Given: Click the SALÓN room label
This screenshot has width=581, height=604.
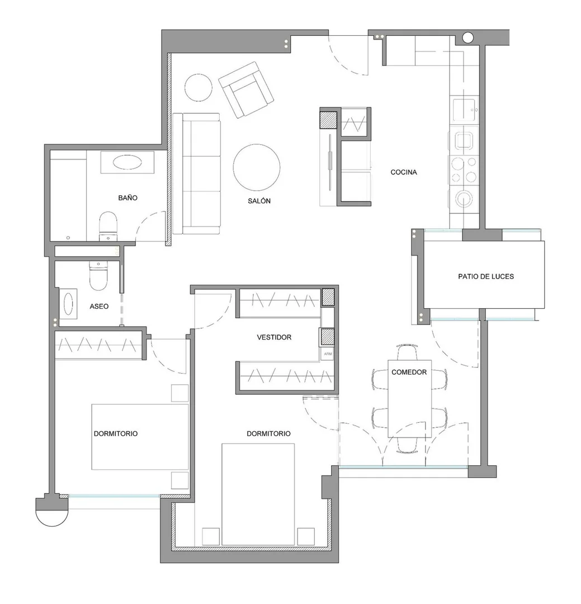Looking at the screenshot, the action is pyautogui.click(x=259, y=201).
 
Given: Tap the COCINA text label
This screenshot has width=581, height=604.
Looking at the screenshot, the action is pyautogui.click(x=404, y=172).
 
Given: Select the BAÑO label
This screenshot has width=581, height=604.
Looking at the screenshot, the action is pyautogui.click(x=127, y=197).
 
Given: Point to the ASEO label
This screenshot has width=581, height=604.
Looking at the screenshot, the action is pyautogui.click(x=99, y=306).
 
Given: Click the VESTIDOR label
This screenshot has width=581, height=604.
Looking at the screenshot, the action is pyautogui.click(x=274, y=337).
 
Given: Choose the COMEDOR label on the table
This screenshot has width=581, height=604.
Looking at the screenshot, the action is pyautogui.click(x=409, y=372).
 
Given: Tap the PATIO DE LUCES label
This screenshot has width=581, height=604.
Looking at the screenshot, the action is pyautogui.click(x=486, y=276).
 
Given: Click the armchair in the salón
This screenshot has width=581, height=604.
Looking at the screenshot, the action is pyautogui.click(x=246, y=89).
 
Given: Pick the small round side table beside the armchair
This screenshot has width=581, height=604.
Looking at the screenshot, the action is pyautogui.click(x=198, y=87).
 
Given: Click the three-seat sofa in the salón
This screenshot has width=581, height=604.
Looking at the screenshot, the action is pyautogui.click(x=197, y=174).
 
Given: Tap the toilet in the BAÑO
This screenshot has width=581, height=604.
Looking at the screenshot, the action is pyautogui.click(x=108, y=226).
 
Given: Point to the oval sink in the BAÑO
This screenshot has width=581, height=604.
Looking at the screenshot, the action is pyautogui.click(x=127, y=162).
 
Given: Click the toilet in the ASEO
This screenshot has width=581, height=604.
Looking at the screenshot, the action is pyautogui.click(x=98, y=275).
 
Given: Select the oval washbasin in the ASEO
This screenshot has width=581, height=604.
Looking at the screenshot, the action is pyautogui.click(x=68, y=304).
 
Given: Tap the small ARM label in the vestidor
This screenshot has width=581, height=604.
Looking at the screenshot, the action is pyautogui.click(x=328, y=354).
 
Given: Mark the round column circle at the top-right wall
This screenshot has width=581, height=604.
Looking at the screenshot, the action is pyautogui.click(x=467, y=37).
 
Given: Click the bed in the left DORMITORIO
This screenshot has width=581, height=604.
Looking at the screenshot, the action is pyautogui.click(x=140, y=437).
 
